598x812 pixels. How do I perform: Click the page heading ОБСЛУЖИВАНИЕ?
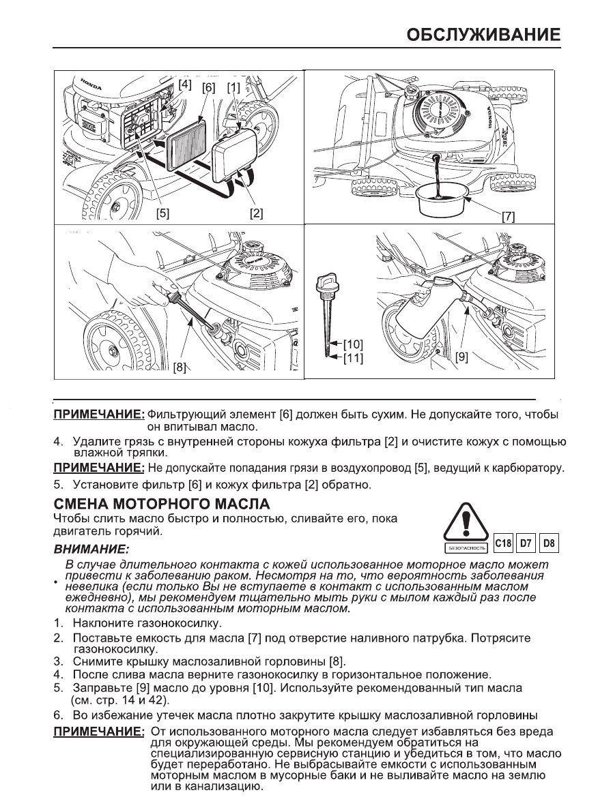coord(484,34)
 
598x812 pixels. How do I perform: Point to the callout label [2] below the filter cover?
coord(256,213)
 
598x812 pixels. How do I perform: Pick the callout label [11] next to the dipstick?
coord(352,357)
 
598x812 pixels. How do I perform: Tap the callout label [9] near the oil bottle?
coord(461,356)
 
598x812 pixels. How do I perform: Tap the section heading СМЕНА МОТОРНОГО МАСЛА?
coord(162,505)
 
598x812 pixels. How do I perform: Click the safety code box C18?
coord(502,544)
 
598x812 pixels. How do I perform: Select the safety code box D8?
coord(549,544)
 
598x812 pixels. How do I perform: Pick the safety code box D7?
coord(526,544)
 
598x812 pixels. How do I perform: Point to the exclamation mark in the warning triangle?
coord(467,527)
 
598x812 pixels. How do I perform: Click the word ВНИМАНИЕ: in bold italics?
coord(90,548)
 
